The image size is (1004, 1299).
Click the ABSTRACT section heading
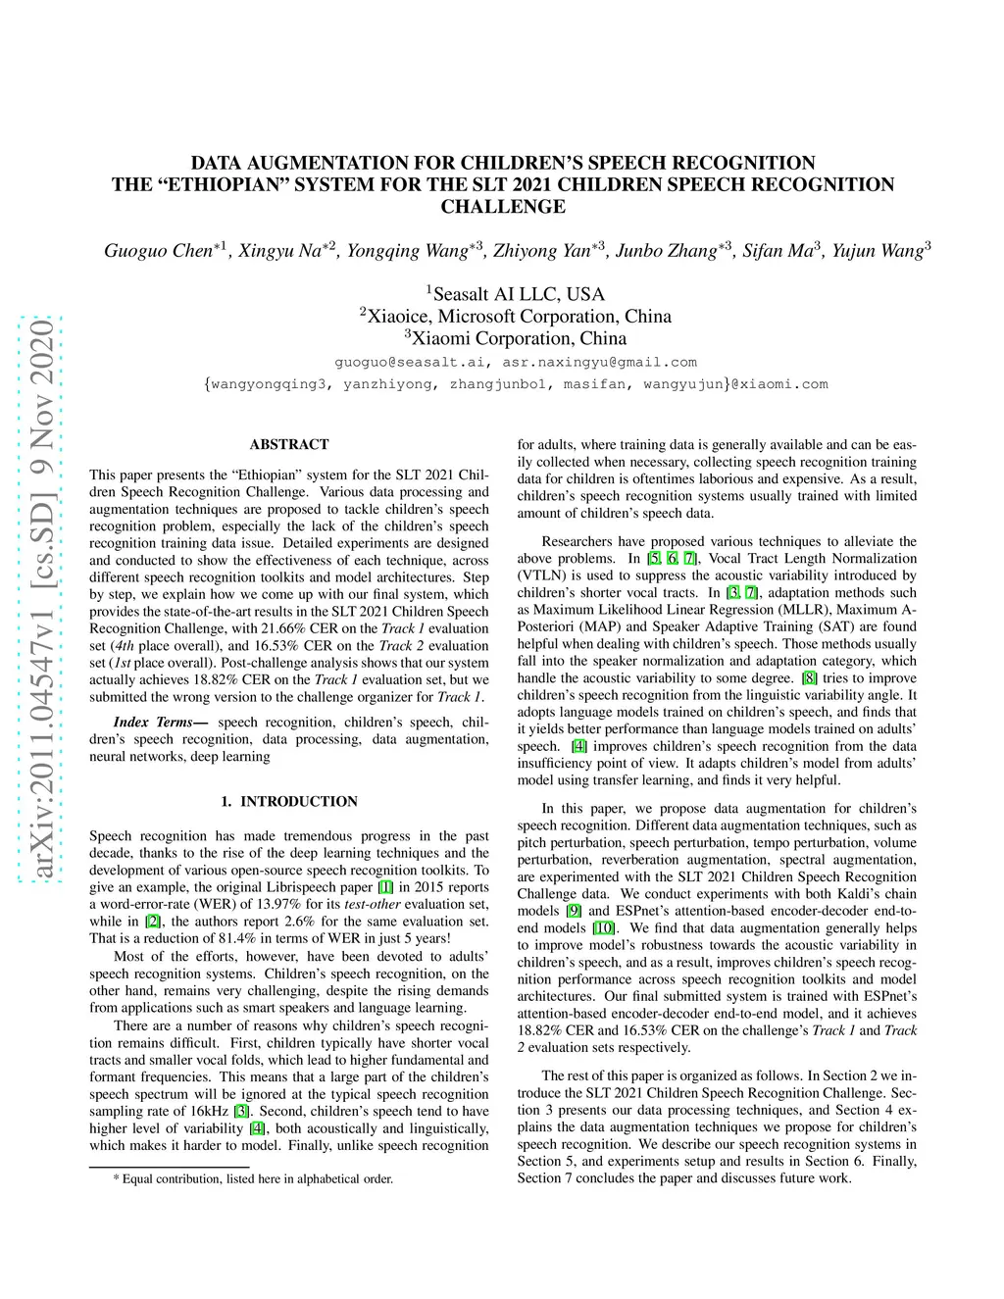point(289,444)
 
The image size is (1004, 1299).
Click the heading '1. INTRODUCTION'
point(289,801)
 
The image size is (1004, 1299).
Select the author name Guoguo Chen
point(158,251)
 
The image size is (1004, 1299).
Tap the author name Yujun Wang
point(878,251)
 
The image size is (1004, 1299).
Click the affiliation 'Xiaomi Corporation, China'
point(519,338)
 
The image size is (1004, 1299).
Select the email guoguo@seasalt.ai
point(409,362)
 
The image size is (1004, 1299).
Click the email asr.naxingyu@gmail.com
point(599,362)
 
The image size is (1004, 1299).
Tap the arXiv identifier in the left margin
point(41,600)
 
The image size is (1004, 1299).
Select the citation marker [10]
point(604,928)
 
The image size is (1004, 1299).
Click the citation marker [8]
point(809,678)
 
